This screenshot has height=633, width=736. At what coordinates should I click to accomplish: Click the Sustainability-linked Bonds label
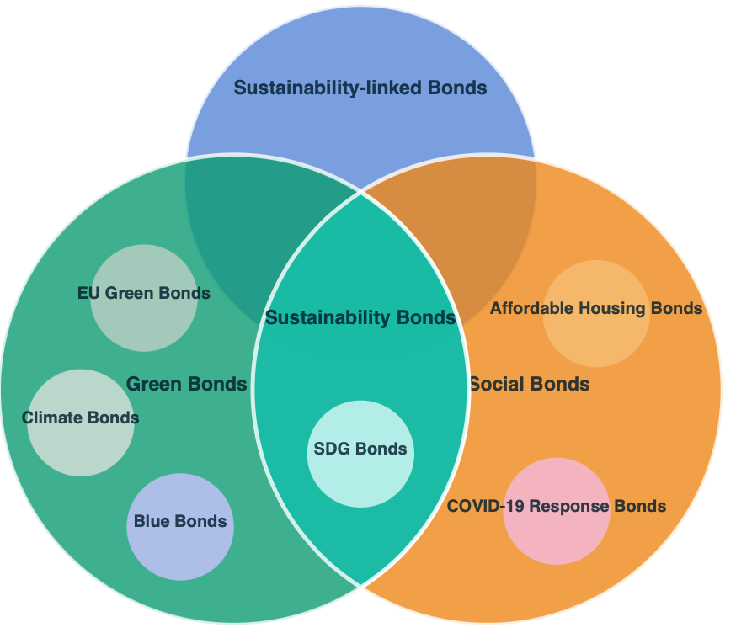point(360,88)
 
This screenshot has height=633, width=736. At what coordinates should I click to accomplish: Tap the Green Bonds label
point(186,385)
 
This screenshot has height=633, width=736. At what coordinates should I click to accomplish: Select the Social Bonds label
point(529,385)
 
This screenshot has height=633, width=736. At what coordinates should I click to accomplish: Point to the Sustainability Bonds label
point(360,318)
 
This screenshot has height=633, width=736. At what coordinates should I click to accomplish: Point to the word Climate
point(50,418)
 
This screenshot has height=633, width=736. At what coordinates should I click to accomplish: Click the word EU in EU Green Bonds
point(88,294)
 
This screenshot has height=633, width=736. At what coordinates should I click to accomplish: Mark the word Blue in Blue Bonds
point(152,521)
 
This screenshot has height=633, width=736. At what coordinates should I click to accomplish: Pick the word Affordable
point(526,308)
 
